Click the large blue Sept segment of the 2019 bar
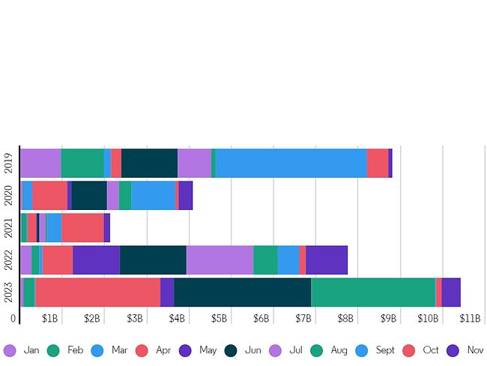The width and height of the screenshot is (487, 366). point(291,163)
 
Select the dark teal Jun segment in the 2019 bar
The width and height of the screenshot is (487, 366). point(149,163)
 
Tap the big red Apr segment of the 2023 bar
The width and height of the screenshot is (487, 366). point(97,292)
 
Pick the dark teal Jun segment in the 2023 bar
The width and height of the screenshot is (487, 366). point(242,292)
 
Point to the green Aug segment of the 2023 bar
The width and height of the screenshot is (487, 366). point(373,292)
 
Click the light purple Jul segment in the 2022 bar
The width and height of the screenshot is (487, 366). point(220,259)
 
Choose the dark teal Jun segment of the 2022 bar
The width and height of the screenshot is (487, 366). point(153,259)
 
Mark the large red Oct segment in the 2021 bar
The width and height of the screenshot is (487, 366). point(82,227)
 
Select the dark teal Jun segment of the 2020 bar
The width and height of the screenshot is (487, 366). point(89,195)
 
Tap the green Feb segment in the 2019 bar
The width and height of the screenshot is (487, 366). point(82,163)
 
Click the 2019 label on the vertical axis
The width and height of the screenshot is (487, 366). point(8,163)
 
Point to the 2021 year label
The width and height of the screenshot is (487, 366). point(8,227)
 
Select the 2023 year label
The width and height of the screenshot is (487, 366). point(8,292)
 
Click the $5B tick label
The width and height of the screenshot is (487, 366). point(219,319)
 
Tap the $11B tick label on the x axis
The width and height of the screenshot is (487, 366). point(470,319)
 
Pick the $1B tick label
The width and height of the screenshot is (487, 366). point(49,319)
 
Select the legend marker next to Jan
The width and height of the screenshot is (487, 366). point(10,349)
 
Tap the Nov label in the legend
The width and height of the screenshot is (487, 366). point(475,349)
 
